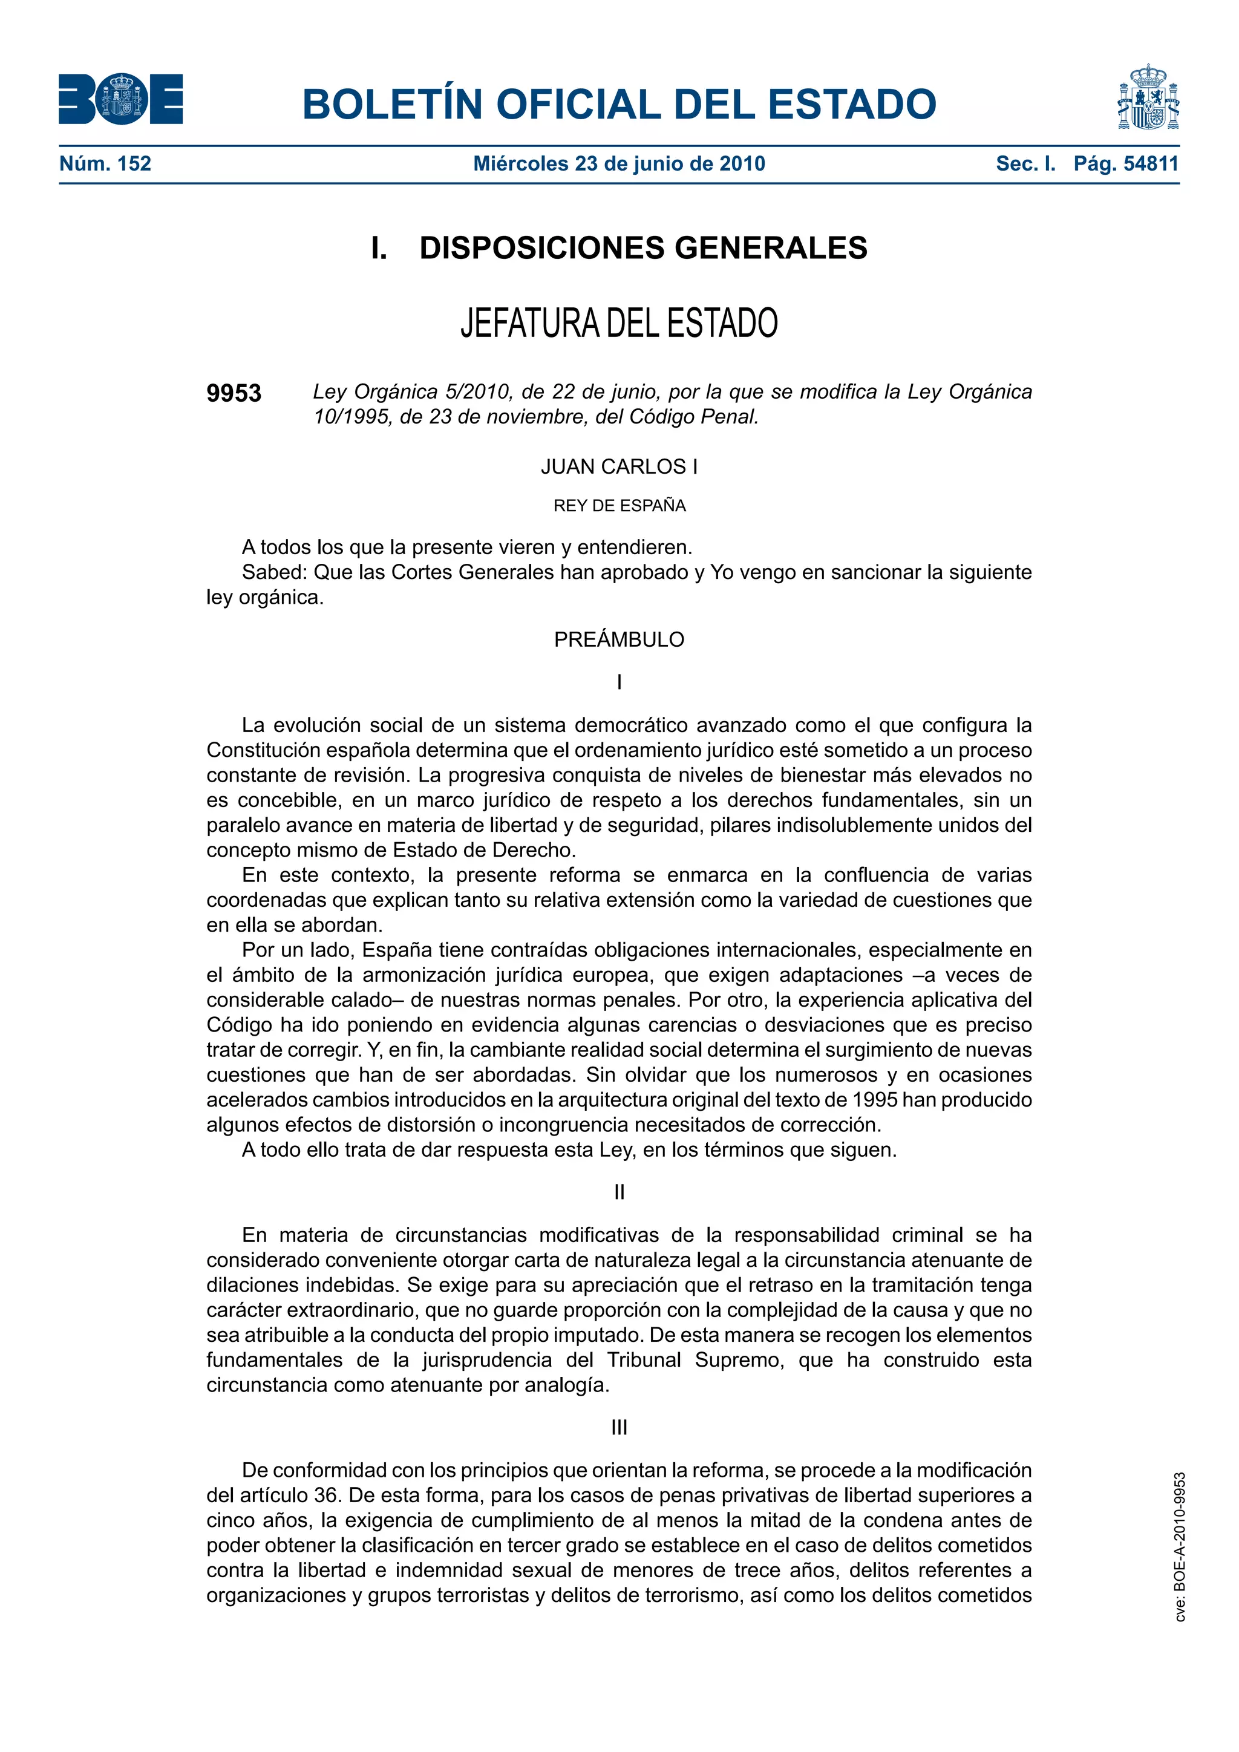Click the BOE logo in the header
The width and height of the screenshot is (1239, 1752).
120,99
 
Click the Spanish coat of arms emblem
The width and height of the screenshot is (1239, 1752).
1148,97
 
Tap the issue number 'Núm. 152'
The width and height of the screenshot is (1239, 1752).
105,163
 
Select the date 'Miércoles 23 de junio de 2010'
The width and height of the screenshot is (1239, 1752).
619,163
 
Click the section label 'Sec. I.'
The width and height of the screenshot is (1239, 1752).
1025,163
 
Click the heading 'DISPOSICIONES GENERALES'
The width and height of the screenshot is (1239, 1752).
643,248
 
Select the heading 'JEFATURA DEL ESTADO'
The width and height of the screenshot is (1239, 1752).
619,323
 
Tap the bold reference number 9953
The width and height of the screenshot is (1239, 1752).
234,393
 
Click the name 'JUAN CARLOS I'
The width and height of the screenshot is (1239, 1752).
619,466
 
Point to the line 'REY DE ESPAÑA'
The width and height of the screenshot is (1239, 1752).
619,505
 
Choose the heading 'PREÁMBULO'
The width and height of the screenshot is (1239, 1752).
619,639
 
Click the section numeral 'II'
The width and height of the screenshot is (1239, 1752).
619,1192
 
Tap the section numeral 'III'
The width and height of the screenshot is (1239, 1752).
619,1427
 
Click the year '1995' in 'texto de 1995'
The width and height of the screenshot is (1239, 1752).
875,1100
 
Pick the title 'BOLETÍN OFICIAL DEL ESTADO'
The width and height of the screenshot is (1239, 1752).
619,104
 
